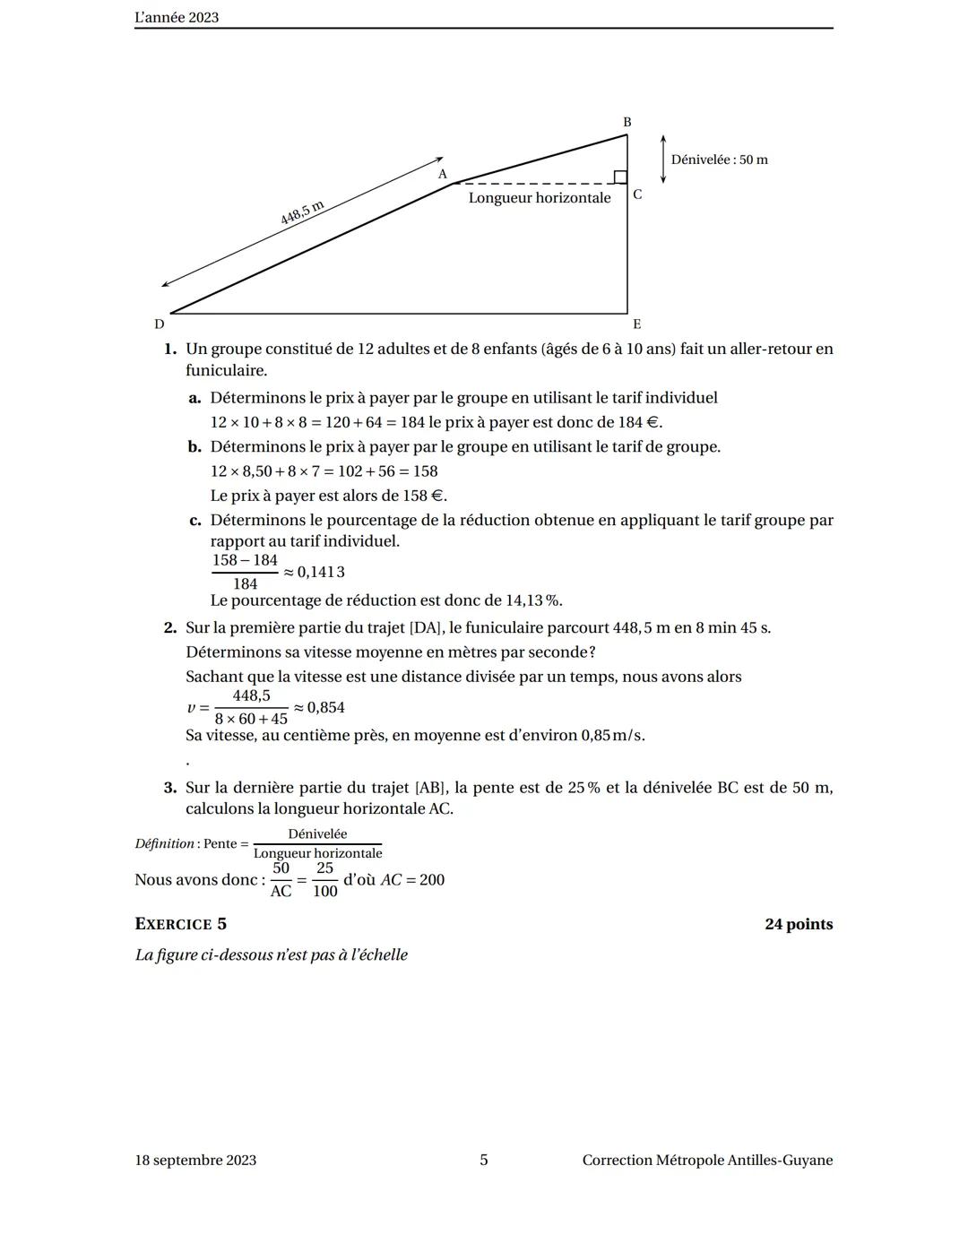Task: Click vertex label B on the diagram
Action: (x=627, y=122)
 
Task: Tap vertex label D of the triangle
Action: (x=159, y=324)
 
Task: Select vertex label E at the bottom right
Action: (x=636, y=324)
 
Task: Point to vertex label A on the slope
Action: (x=442, y=175)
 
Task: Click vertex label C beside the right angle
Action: (x=637, y=194)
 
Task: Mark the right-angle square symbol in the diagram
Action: (x=619, y=177)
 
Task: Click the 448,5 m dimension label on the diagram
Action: (x=301, y=213)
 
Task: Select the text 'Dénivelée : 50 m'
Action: (x=719, y=160)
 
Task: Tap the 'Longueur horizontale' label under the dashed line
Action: (x=540, y=198)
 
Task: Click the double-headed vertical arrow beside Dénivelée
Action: (x=663, y=160)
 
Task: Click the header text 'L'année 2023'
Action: (x=177, y=17)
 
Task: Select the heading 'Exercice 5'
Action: (x=180, y=924)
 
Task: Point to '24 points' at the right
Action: (x=798, y=924)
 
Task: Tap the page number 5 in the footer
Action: (x=484, y=1160)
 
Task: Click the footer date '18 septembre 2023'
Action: (x=195, y=1160)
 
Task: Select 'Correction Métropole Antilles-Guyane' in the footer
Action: (x=707, y=1160)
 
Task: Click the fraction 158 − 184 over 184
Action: (x=245, y=572)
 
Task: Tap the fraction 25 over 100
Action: (x=324, y=880)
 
